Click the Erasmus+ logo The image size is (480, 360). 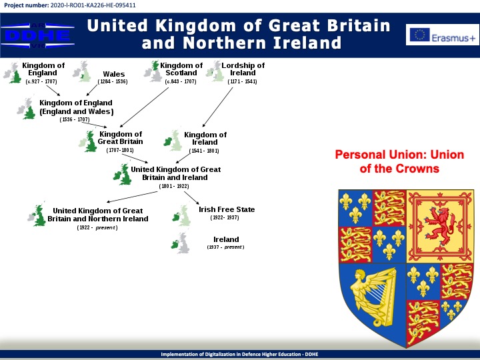443,35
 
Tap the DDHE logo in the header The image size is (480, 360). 37,35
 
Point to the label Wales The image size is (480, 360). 114,74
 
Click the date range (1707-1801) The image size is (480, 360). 120,150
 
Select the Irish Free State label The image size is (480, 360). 227,209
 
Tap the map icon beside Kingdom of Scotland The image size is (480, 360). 153,71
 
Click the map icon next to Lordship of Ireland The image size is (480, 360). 215,71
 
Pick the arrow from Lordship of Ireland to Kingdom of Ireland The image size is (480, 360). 217,107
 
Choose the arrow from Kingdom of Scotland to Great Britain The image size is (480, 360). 144,107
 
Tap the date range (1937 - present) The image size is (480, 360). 225,247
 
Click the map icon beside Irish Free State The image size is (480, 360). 181,216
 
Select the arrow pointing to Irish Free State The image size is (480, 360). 191,198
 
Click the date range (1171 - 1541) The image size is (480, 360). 242,81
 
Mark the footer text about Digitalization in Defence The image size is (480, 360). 240,354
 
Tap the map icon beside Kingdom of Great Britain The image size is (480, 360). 88,141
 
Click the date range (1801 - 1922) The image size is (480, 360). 174,186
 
